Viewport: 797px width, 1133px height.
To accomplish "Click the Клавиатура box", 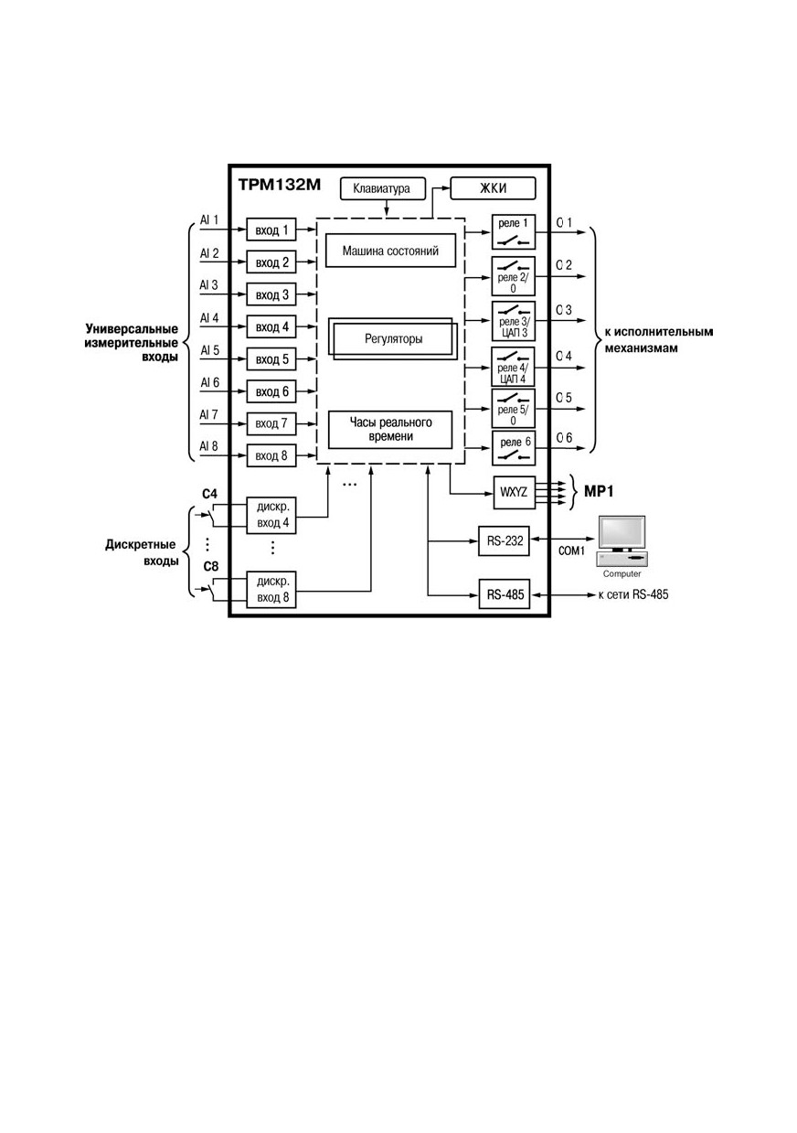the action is pos(383,188).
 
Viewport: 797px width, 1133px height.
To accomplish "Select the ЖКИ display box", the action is pos(493,188).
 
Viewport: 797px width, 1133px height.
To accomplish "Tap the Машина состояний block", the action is pos(390,251).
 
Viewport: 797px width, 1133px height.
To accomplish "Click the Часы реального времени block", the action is pos(390,430).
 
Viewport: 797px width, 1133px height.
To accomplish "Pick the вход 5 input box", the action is pos(271,359).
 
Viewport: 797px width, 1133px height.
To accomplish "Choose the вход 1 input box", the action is pos(271,230).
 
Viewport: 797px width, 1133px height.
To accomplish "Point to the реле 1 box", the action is pos(514,231).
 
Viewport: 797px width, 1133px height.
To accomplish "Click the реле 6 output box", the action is pos(514,448).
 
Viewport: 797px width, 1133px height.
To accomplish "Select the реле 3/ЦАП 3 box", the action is pos(514,322).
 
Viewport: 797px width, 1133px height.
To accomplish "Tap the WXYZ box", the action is pos(514,492).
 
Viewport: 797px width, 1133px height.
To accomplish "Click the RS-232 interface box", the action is pos(504,540).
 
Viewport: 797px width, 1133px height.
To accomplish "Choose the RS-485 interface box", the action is pos(505,594).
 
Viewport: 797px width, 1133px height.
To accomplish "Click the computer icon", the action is pos(622,540).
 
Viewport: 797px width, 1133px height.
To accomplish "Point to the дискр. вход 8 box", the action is pos(271,589).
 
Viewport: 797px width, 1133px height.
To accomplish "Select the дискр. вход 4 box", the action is pos(271,515).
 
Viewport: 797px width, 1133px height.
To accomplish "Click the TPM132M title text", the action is pos(279,185).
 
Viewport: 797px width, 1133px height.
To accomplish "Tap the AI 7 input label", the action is pos(209,415).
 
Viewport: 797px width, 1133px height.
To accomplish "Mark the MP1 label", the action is pos(599,491).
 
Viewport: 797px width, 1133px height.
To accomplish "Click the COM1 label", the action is pos(571,550).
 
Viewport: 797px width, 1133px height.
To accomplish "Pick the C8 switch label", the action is pos(210,566).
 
